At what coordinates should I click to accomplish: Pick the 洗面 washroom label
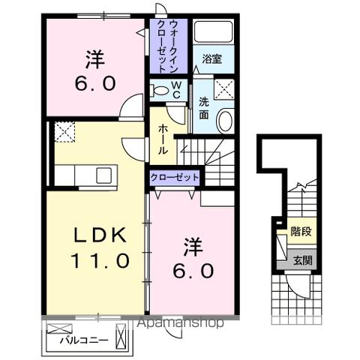[x=204, y=109]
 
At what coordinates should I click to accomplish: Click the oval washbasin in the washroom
[x=224, y=119]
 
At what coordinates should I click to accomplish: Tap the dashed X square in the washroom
[x=224, y=90]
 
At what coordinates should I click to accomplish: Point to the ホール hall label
[x=162, y=139]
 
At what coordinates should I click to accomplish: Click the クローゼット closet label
[x=175, y=178]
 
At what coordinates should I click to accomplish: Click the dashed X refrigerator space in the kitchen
[x=64, y=133]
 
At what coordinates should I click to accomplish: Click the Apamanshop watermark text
[x=179, y=323]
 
